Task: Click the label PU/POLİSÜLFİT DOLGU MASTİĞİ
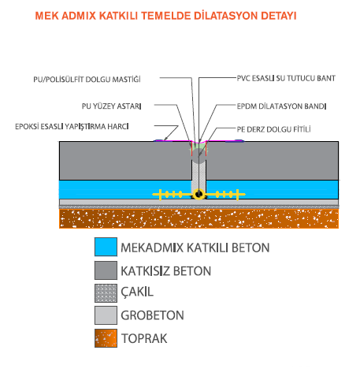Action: tap(87, 79)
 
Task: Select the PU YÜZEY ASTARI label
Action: tap(112, 106)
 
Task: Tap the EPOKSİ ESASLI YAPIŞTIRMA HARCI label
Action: tap(72, 126)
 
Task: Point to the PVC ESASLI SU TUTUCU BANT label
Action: tap(286, 78)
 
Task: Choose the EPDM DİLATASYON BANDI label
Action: tap(281, 106)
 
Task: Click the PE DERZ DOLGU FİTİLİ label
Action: tap(273, 129)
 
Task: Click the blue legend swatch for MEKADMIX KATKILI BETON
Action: tap(106, 247)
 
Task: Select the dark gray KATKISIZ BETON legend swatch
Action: tap(106, 270)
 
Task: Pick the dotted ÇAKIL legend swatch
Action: tap(106, 293)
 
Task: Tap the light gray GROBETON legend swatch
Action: tap(106, 315)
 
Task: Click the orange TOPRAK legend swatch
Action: tap(106, 338)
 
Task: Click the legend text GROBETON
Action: tap(152, 315)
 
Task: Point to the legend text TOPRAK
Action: tap(144, 338)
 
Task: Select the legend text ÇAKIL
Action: tap(137, 292)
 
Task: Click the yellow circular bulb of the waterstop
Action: tap(199, 195)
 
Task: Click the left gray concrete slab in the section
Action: tap(125, 161)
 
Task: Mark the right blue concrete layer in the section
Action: tap(273, 189)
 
